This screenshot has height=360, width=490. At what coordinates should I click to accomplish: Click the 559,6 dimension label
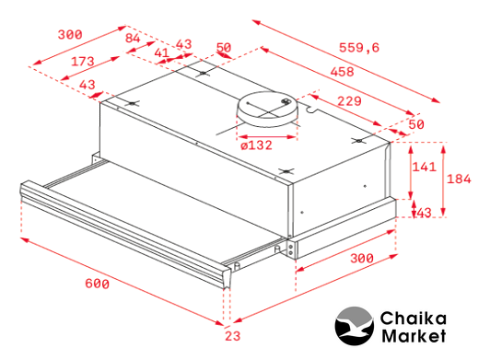point(359,48)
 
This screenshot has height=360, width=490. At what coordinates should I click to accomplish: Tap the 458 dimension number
point(343,72)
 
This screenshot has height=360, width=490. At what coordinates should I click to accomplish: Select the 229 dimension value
point(349,101)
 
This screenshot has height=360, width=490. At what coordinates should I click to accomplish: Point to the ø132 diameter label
point(257,145)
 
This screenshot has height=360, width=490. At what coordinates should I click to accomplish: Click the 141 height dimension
point(424,167)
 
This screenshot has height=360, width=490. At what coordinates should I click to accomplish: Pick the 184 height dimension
point(459,179)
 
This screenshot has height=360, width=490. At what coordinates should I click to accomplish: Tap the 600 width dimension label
point(98,284)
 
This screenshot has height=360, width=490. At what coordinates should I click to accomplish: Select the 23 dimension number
point(233,336)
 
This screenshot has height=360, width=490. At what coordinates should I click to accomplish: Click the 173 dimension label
point(83,62)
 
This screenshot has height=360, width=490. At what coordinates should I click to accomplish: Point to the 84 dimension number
point(133,38)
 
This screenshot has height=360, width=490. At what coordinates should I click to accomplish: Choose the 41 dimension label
point(162,52)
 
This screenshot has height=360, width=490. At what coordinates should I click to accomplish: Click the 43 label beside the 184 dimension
point(424,213)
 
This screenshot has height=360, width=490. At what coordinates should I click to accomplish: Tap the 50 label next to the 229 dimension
point(416,124)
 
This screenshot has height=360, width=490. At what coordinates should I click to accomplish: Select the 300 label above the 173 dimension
point(70,34)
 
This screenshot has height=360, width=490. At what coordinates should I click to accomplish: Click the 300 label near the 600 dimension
point(362,259)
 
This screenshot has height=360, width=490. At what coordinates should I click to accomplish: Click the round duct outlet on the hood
point(267,109)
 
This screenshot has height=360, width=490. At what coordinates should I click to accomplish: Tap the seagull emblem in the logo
point(355,326)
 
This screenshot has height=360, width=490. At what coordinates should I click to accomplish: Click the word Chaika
point(414,319)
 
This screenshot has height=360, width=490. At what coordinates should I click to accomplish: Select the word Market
point(414,337)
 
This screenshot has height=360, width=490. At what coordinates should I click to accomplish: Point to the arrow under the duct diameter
point(267,137)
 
